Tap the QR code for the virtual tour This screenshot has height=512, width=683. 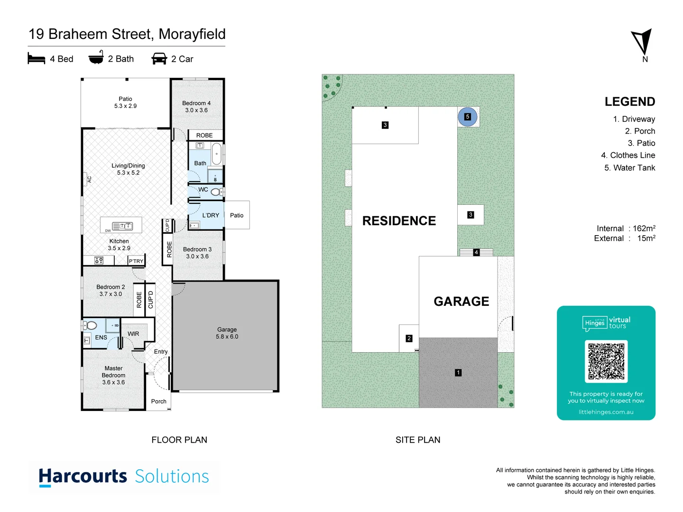[606, 361]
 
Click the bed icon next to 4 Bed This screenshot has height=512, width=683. [37, 59]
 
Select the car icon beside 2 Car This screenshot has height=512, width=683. [159, 59]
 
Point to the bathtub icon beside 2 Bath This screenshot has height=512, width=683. [96, 58]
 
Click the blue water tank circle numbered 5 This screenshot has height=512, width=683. [467, 117]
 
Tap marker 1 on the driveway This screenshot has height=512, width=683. [458, 373]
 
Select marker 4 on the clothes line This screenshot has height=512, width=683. [476, 252]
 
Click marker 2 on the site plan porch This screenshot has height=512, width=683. [409, 338]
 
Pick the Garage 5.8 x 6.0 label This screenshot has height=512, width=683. [227, 333]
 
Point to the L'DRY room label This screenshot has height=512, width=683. [211, 215]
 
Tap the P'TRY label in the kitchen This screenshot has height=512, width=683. [136, 261]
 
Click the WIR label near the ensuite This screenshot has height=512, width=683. [133, 334]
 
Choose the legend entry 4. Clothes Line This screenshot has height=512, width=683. [628, 155]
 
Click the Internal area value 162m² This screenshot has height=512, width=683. [644, 229]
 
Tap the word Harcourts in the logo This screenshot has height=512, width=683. [83, 476]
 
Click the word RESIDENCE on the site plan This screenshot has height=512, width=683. [399, 221]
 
